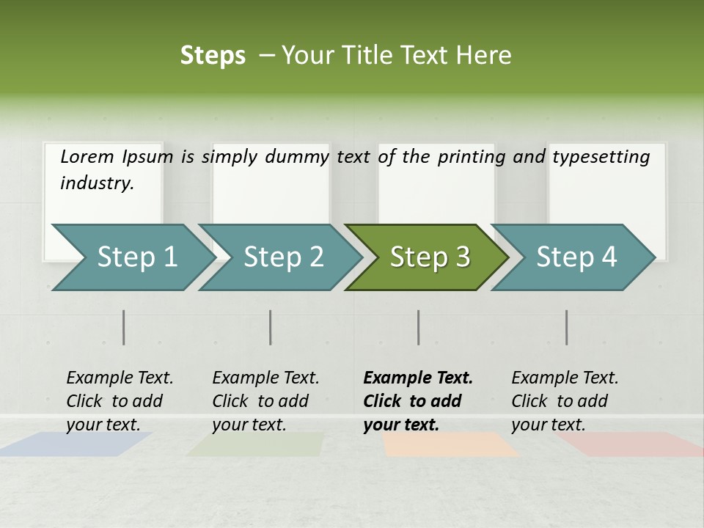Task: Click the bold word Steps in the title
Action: coord(213,56)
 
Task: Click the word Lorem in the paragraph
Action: coord(87,156)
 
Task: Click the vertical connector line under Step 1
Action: coord(124,327)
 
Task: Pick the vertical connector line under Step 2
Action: coord(271,327)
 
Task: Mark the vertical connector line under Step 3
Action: coord(419,327)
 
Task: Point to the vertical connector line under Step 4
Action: coord(566,327)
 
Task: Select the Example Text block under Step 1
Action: coord(120,401)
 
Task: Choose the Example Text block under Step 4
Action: coord(565,401)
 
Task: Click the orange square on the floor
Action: coord(449,444)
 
